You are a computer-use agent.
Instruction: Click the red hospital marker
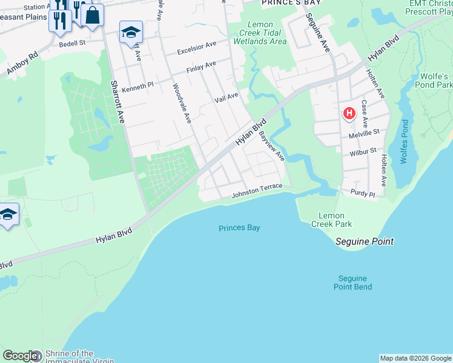[349, 113]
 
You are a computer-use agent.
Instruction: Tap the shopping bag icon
[92, 15]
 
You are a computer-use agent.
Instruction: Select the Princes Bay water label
[239, 228]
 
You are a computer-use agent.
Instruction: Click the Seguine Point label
[365, 241]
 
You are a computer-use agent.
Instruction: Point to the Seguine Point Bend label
[352, 283]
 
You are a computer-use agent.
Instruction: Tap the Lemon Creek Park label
[335, 220]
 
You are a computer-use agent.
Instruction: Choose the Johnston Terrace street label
[257, 191]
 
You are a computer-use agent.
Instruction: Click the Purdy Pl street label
[363, 193]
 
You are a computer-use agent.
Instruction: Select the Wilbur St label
[363, 152]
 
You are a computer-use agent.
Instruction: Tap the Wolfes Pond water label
[404, 143]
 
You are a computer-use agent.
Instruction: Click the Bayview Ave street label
[272, 147]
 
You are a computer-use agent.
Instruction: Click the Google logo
[19, 356]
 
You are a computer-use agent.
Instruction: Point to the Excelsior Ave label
[197, 48]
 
